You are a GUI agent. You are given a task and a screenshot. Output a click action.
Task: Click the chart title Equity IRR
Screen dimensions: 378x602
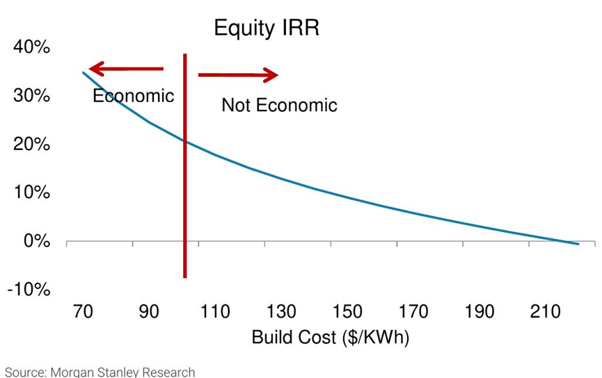coord(266,28)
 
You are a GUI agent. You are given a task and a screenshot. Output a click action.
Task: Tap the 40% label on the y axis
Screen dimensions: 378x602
coord(31,47)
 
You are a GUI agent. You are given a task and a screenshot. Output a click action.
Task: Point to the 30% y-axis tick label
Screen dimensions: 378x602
coord(31,96)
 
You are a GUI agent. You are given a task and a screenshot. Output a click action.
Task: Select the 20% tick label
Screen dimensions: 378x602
coord(31,145)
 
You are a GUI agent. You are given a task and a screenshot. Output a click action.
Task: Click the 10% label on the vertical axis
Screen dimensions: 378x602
coord(31,192)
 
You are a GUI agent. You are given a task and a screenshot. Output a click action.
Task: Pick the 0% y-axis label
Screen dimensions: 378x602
coord(35,241)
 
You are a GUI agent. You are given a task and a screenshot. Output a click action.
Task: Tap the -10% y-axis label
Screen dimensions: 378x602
coord(29,290)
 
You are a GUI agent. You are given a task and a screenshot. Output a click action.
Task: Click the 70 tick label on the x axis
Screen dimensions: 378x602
coord(83,312)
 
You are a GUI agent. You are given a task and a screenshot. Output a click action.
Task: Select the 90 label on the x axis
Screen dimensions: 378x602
coord(149,312)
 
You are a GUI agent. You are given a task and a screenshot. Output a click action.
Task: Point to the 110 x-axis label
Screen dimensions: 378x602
coord(215,312)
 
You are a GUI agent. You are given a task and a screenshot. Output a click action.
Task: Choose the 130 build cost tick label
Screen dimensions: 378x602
coord(281,312)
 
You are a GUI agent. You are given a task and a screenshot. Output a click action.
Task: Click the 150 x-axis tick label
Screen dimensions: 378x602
coord(347,312)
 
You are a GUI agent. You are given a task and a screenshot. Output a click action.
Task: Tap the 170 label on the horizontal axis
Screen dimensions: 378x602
coord(413,312)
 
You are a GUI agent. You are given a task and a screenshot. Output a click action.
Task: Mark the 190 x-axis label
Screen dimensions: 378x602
coord(480,312)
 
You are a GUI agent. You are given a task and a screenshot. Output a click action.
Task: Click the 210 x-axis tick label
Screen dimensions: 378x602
coord(545,312)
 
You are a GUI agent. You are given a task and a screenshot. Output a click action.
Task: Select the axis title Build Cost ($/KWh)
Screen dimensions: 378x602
coord(330,338)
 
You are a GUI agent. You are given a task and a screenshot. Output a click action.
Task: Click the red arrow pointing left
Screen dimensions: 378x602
coord(126,69)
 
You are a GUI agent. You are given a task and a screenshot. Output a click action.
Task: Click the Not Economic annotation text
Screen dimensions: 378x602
coord(279,106)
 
